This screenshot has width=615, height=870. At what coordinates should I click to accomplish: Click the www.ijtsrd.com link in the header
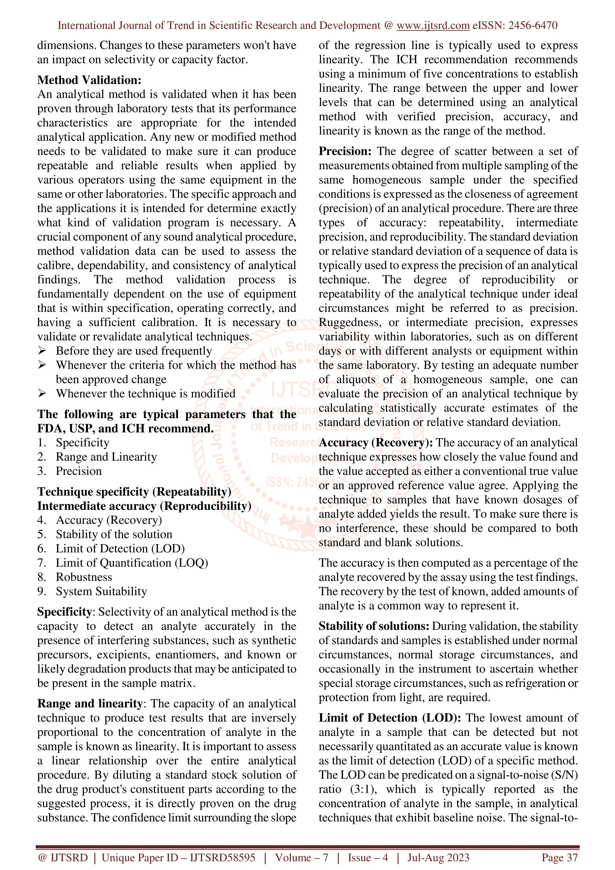[433, 26]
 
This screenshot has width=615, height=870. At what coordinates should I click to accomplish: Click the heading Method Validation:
[89, 80]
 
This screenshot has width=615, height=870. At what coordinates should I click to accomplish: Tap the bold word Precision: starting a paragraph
[345, 151]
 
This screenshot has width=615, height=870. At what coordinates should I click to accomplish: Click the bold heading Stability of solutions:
[374, 626]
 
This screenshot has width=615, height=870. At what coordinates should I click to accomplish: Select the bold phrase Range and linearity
[90, 703]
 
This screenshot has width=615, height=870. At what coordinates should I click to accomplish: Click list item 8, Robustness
[84, 577]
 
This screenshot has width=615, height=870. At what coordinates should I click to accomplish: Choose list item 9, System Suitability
[101, 591]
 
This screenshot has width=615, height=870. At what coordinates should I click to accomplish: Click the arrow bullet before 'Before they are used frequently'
[42, 351]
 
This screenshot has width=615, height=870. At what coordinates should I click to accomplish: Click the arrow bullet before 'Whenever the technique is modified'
[42, 393]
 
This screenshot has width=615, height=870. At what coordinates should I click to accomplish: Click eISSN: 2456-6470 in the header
[515, 26]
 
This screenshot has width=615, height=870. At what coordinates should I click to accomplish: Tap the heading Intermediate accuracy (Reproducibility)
[144, 506]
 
